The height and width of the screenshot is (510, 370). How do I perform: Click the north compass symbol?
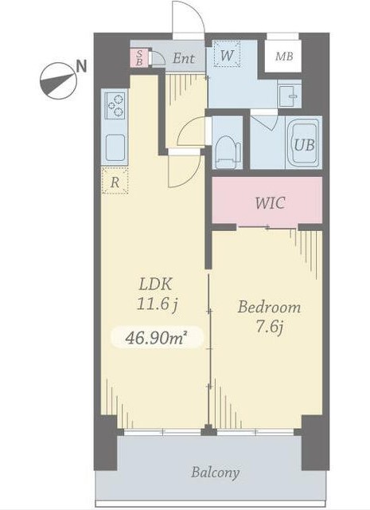[58, 80]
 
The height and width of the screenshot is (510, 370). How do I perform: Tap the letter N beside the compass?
[81, 66]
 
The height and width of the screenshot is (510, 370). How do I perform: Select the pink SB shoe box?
[139, 58]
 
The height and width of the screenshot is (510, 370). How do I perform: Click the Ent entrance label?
[184, 58]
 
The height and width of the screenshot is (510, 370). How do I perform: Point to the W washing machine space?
[227, 53]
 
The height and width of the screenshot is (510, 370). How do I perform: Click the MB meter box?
[283, 56]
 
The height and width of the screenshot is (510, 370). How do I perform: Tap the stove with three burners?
[116, 105]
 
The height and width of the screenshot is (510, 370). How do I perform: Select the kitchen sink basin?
[115, 147]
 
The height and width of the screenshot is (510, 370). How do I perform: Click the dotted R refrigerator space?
[115, 181]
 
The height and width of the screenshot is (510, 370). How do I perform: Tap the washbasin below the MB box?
[290, 96]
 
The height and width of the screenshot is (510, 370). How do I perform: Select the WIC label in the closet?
[270, 203]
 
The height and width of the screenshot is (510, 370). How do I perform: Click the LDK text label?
[155, 284]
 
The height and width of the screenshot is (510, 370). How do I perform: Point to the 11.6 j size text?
[158, 304]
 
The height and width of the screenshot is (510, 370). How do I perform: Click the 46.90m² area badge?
[158, 338]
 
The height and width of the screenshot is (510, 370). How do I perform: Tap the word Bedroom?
[269, 308]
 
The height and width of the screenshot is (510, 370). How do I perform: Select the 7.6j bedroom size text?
[269, 327]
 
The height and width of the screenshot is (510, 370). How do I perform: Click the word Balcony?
[215, 473]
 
